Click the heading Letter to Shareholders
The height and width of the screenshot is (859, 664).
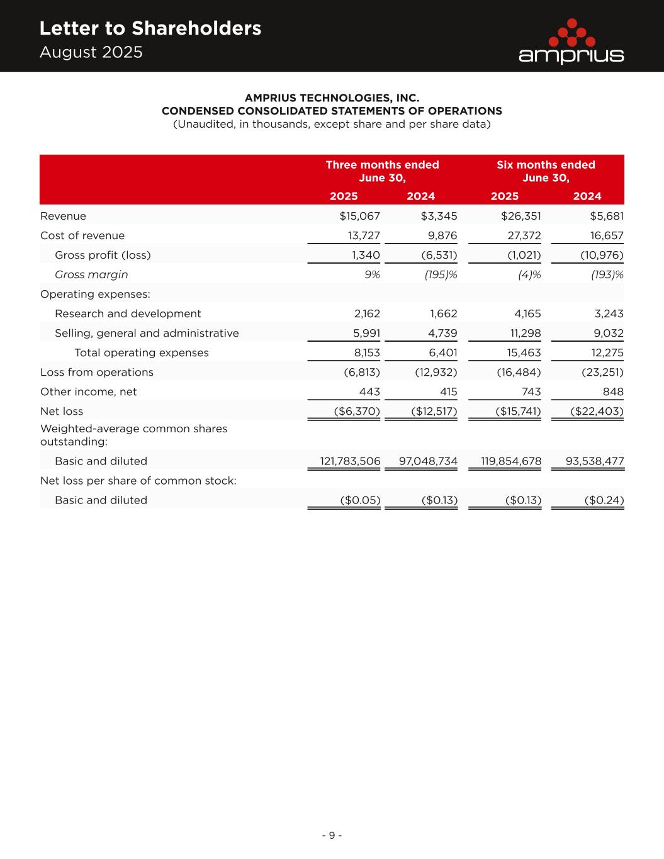[x=150, y=28]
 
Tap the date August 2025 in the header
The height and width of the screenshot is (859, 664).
[x=91, y=52]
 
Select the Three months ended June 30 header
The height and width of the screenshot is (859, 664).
[x=382, y=171]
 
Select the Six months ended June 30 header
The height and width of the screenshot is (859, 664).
[x=546, y=171]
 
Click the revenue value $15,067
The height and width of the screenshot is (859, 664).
[x=359, y=216]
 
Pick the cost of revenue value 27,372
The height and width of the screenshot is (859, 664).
[x=521, y=236]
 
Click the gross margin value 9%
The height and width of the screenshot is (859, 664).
[x=371, y=275]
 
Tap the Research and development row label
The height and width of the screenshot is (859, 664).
[x=128, y=314]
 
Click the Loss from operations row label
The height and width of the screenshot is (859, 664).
[x=97, y=373]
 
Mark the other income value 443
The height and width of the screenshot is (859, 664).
[x=369, y=392]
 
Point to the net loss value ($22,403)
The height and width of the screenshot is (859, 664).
[x=597, y=412]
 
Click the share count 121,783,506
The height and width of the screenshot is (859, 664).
[x=350, y=461]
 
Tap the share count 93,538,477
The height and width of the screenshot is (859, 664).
[x=595, y=461]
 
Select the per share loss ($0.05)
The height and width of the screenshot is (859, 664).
[x=360, y=500]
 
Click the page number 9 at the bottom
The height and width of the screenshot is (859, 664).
[x=332, y=835]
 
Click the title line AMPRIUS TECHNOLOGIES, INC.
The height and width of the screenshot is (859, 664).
[x=332, y=98]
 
